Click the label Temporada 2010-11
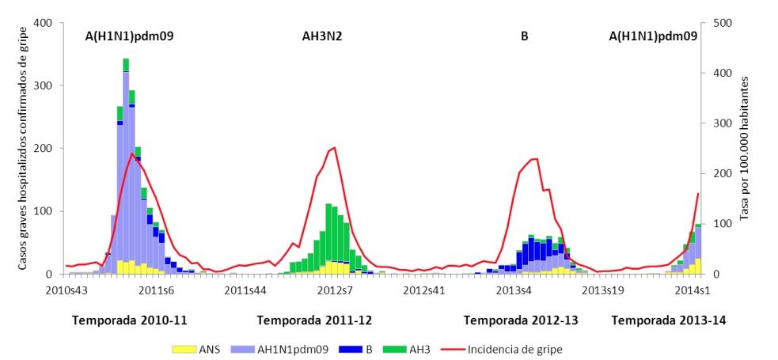[129, 320]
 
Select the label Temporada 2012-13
[521, 320]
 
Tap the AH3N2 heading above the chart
[322, 36]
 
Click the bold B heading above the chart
[524, 36]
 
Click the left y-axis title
[23, 148]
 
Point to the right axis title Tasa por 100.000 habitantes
[746, 148]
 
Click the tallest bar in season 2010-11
[126, 166]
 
